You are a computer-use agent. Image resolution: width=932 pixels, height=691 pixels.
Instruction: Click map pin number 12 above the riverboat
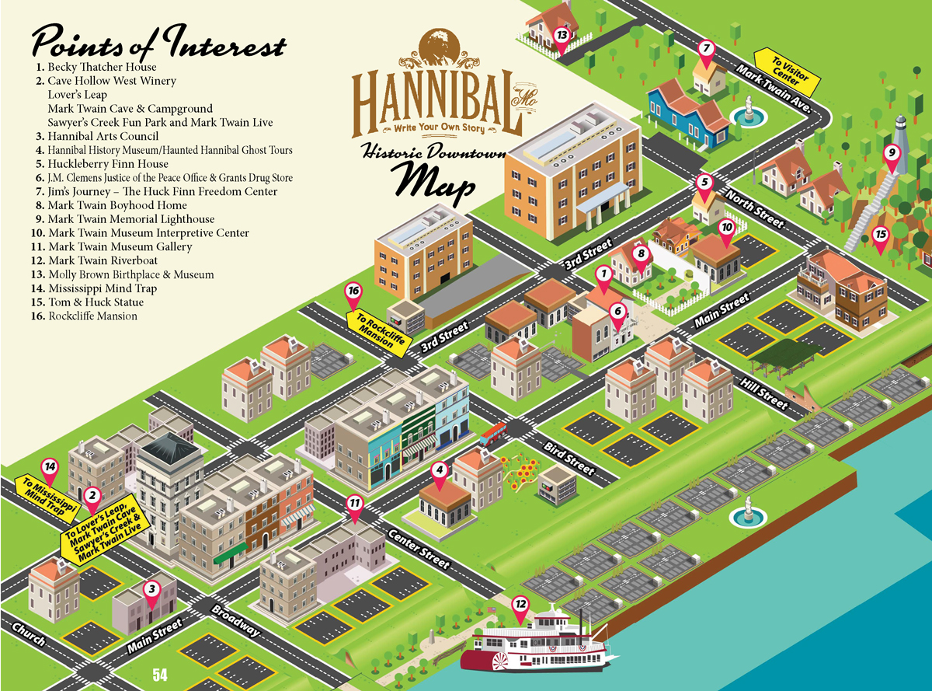[520, 604]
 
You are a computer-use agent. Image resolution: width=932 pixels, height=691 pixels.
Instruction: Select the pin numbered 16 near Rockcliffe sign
[354, 292]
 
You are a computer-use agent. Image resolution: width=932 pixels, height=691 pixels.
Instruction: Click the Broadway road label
[235, 619]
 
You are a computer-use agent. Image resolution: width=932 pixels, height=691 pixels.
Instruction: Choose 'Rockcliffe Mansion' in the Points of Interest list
[92, 316]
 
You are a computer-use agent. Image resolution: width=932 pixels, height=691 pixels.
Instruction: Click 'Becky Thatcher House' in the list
[102, 68]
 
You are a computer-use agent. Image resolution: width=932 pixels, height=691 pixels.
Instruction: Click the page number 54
[160, 675]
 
